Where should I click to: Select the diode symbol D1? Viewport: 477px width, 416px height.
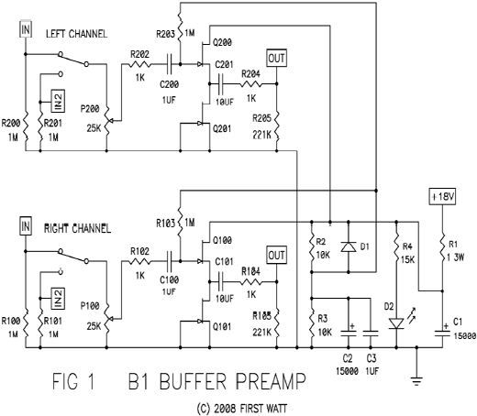point(346,246)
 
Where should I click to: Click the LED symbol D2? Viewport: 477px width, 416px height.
point(396,323)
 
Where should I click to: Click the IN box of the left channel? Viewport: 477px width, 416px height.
point(25,30)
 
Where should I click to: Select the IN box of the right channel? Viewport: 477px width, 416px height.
point(25,225)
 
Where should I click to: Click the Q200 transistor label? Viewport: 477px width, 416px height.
point(224,43)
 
